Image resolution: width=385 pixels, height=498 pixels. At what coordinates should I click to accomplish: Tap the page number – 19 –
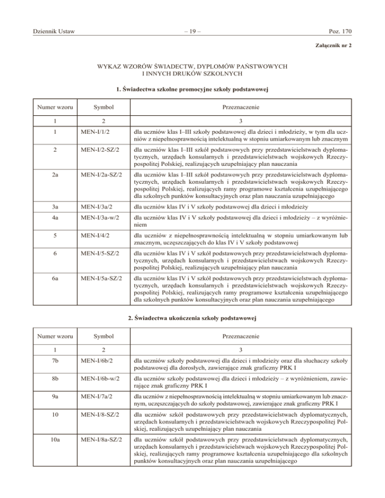point(192,32)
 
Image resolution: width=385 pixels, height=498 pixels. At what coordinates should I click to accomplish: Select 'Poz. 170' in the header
point(339,32)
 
